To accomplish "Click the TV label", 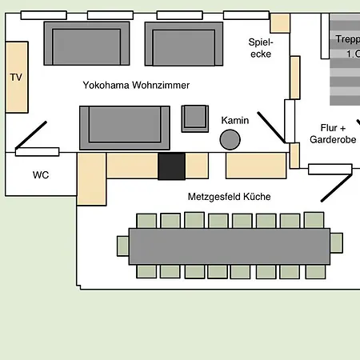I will [15, 78].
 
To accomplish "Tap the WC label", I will [41, 174].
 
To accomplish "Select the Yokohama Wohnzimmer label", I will [136, 85].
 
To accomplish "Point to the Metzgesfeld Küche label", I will [229, 196].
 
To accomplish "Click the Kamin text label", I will [235, 121].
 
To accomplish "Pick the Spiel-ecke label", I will [261, 48].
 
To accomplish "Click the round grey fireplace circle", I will [230, 140].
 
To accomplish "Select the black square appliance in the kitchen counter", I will [171, 166].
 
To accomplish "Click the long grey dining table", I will [229, 246].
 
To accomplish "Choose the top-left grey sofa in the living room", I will [86, 44].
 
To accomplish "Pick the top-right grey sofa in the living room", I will [183, 44].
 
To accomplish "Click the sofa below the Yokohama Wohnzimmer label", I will [124, 126].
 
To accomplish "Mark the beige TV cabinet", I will [18, 78].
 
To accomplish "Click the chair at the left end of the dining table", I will [122, 246].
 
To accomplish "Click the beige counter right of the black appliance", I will [197, 166].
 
